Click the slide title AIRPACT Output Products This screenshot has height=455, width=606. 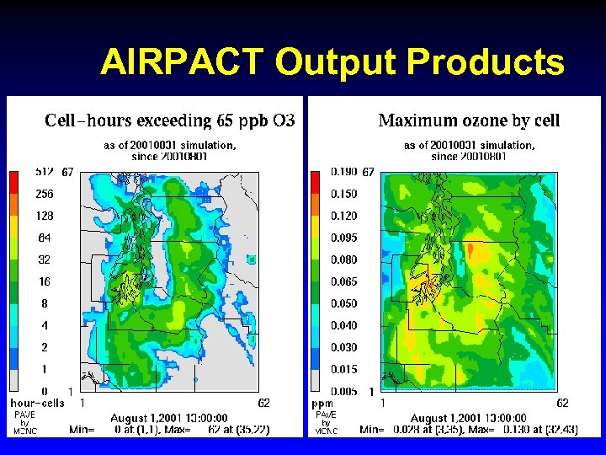point(332,62)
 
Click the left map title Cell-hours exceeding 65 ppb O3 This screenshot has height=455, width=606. point(169,120)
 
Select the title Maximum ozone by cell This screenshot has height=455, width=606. point(469,120)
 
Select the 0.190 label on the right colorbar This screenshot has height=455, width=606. point(343,172)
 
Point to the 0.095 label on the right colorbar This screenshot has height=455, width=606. point(343,238)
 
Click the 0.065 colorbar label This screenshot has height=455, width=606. point(343,281)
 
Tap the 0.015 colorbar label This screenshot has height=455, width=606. point(343,369)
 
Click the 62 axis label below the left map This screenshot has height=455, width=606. point(263,403)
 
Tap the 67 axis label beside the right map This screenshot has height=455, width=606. point(368,172)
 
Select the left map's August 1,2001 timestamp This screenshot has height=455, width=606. point(168,417)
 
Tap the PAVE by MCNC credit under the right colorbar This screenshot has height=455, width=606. point(325,422)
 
